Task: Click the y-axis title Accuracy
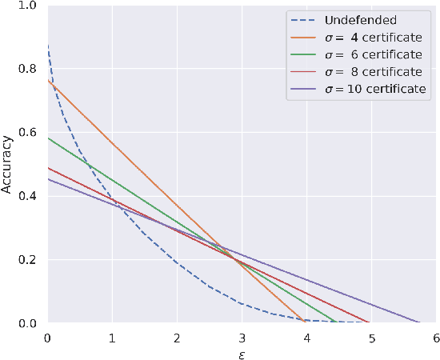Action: click(7, 165)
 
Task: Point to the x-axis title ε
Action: click(241, 353)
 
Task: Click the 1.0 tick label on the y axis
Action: click(28, 6)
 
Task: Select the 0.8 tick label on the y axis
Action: click(28, 70)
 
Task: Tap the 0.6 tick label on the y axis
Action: click(28, 133)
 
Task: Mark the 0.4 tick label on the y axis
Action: click(28, 196)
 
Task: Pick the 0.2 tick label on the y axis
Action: click(28, 260)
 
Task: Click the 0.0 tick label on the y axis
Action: click(28, 323)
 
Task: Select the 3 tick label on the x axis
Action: click(241, 338)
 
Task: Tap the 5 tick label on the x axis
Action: click(370, 338)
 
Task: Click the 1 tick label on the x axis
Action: click(112, 338)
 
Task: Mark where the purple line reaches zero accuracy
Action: click(418, 322)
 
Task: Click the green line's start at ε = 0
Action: click(47, 138)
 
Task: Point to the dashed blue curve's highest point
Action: click(47, 46)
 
